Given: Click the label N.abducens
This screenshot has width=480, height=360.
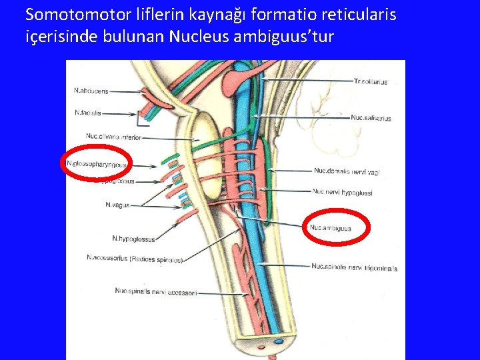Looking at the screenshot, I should coord(92,91).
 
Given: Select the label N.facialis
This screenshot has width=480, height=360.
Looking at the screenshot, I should coord(89,113).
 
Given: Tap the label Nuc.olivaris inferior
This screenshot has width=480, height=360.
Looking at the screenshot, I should coord(113,137).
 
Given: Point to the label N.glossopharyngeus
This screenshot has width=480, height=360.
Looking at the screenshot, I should coord(97,163).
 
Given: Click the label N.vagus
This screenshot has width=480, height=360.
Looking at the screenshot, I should coord(117,205).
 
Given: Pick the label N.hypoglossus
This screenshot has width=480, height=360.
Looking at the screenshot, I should coord(133,239).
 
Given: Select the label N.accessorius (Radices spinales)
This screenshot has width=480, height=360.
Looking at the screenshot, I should coord(134,258).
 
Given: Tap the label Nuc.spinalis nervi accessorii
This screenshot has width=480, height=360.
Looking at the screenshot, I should coord(156,291).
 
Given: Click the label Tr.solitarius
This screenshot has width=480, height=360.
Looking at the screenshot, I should coord(371,81).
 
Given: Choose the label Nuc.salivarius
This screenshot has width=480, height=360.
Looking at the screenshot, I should coord(371,119).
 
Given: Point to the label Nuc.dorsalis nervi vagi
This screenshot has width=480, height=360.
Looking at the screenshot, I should coord(347,171).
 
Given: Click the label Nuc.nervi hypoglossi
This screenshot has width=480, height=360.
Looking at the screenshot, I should coord(342,193).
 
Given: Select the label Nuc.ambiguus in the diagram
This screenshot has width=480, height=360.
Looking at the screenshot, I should coord(331,229).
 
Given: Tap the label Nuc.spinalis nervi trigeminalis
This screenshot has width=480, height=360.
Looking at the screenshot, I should coord(354,267).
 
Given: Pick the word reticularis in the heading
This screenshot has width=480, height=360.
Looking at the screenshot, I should coord(361,13).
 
